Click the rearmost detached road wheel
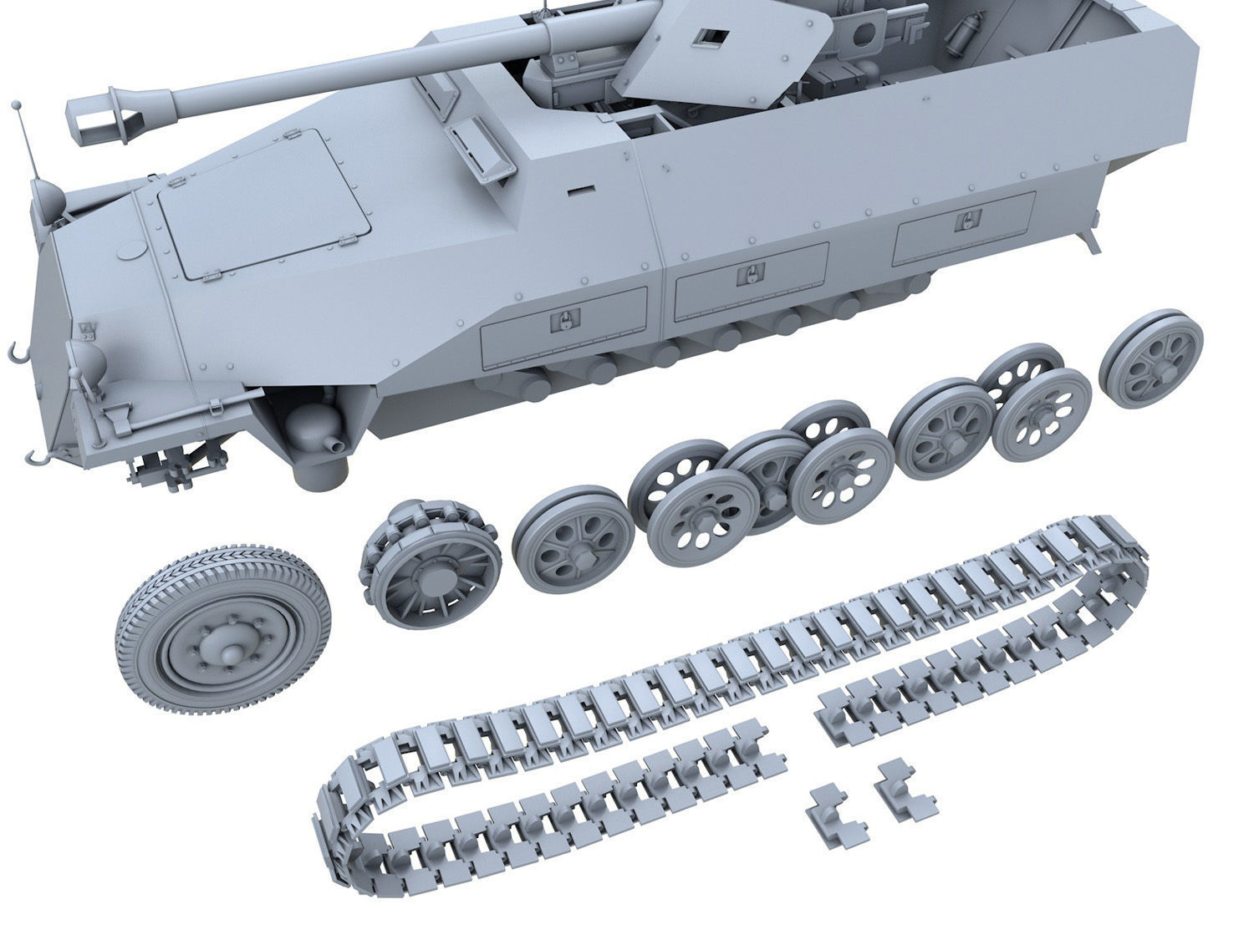[1151, 358]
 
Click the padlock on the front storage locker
[567, 319]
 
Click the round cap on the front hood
[130, 251]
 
